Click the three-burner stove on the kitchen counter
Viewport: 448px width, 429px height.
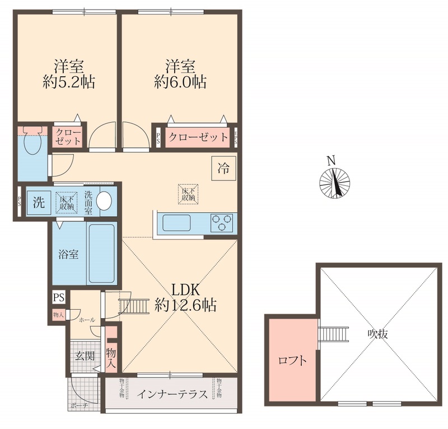point(222,222)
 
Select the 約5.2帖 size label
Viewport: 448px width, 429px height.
point(69,82)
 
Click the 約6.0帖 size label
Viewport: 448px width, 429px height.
point(180,82)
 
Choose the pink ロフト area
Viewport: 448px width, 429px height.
point(292,360)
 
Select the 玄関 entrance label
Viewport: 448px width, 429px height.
point(85,355)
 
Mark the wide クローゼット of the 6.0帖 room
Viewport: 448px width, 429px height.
point(198,137)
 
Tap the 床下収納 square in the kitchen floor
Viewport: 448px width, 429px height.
point(188,193)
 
